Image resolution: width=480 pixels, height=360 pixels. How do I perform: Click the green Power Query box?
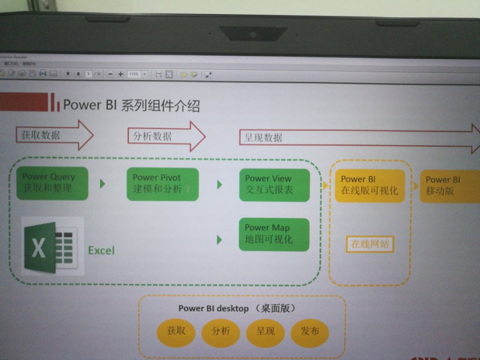52,183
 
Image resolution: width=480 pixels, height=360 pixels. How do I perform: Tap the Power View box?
274,185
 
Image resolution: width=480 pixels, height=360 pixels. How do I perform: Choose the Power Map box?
274,234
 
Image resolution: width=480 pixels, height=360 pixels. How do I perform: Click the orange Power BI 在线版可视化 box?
369,186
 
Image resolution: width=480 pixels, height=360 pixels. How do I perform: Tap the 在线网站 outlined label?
369,245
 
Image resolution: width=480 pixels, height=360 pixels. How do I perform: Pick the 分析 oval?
221,332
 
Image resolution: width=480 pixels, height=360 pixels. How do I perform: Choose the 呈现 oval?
266,332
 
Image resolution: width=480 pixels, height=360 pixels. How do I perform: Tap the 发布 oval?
310,332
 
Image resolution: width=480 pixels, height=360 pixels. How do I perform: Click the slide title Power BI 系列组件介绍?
132,105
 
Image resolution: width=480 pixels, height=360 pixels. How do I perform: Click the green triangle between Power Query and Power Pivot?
103,183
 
